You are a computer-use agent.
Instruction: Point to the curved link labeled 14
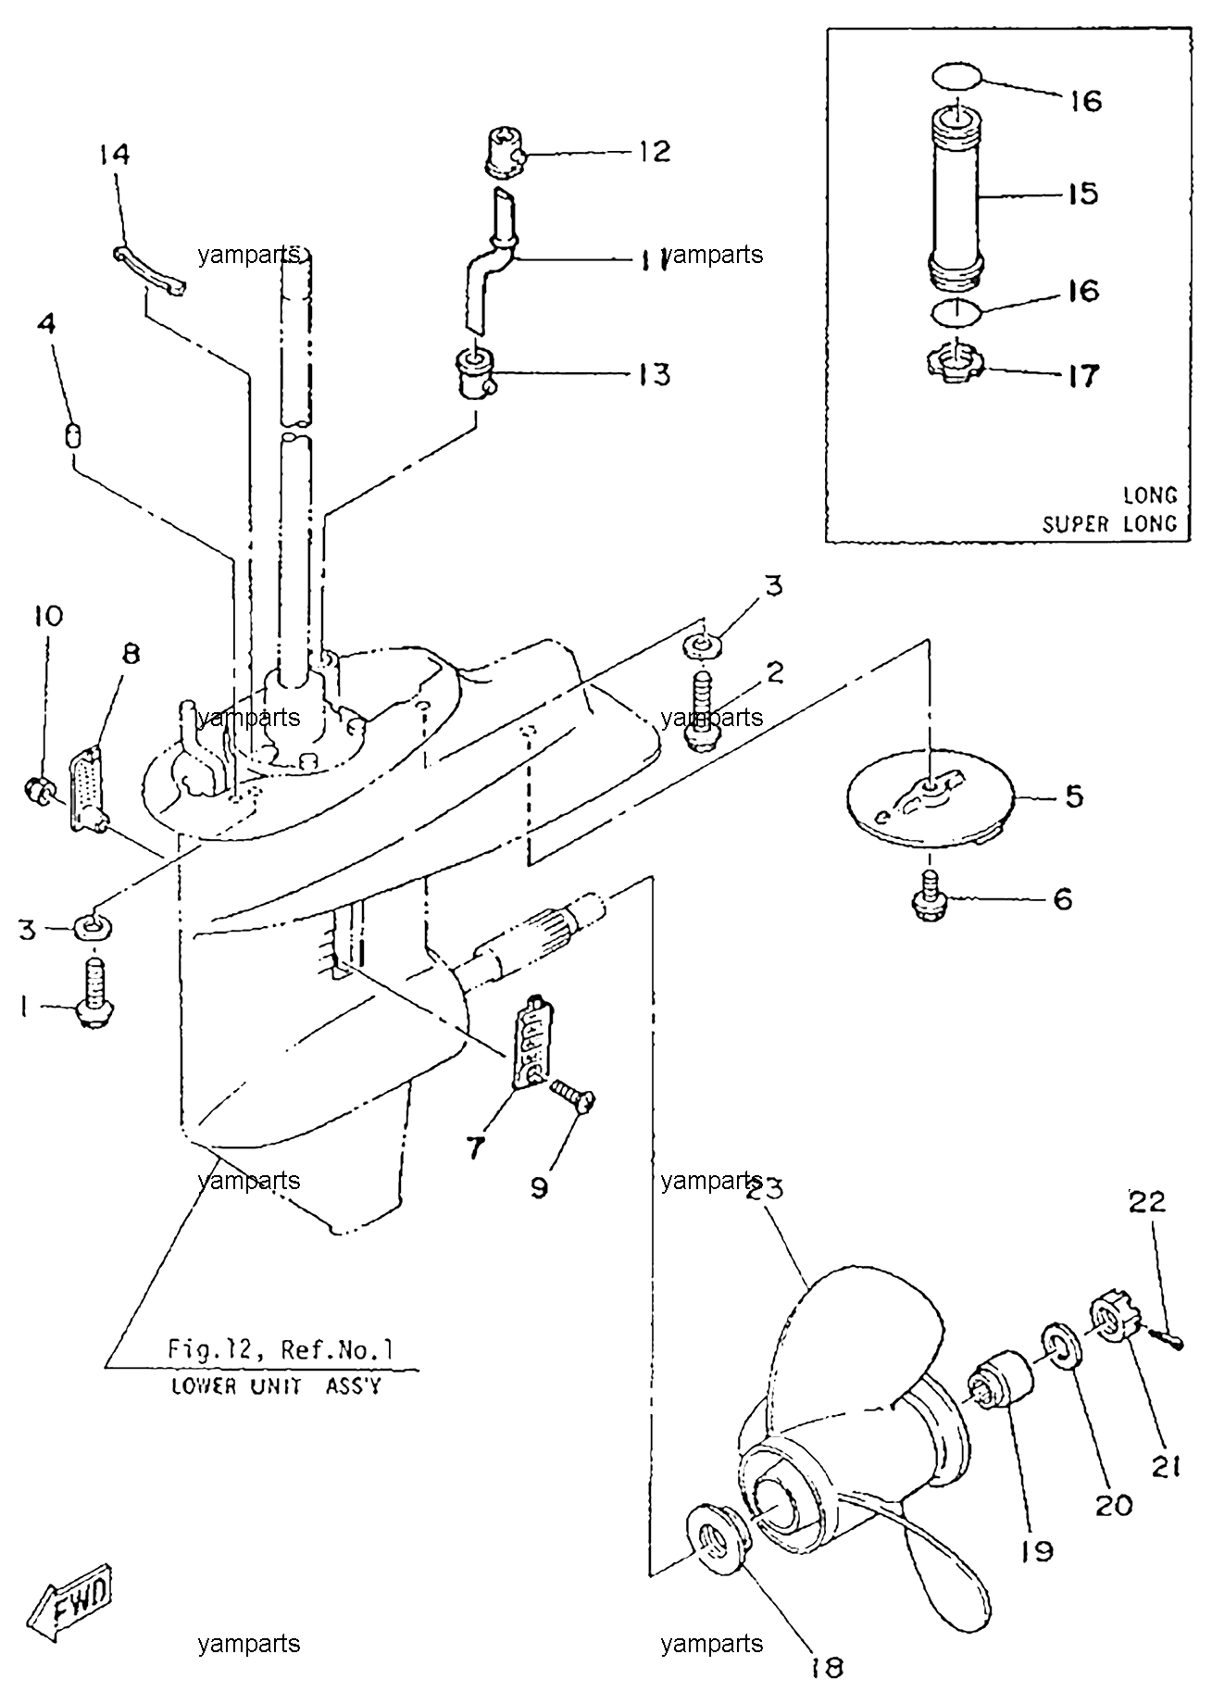tap(150, 269)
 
